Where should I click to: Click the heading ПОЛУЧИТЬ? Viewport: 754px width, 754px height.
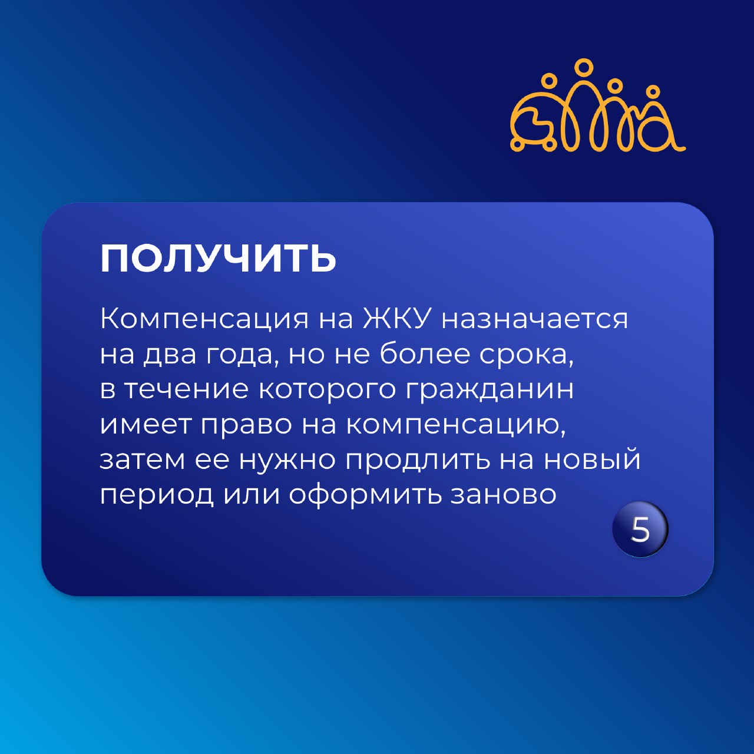point(219,259)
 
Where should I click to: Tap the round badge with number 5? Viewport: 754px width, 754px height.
point(640,530)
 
